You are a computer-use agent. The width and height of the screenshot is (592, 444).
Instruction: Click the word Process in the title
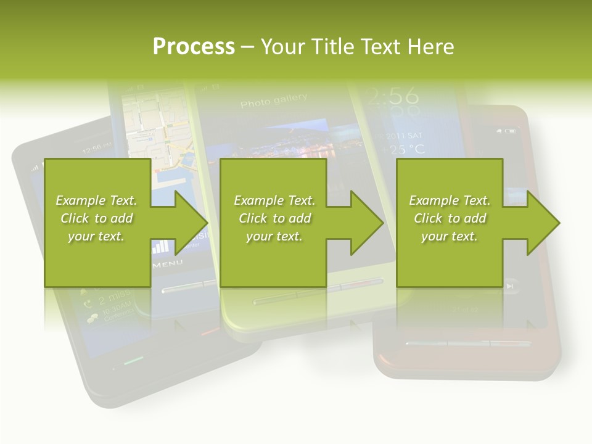point(194,46)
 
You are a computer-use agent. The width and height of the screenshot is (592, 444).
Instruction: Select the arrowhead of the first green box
point(191,223)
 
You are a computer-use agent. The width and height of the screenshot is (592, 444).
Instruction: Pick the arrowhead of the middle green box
point(366,223)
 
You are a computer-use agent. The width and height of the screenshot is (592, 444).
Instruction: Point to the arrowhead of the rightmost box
point(543,223)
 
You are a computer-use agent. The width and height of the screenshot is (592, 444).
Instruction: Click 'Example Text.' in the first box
point(96,200)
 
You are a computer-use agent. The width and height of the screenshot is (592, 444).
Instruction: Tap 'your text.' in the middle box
point(274,236)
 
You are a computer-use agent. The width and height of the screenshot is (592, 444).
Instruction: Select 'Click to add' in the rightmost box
point(450,218)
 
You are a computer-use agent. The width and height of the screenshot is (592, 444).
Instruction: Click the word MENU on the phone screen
point(168,264)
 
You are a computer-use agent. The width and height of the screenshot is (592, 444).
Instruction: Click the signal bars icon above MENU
point(160,247)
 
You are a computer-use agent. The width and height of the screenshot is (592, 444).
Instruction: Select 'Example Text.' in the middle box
point(274,200)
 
